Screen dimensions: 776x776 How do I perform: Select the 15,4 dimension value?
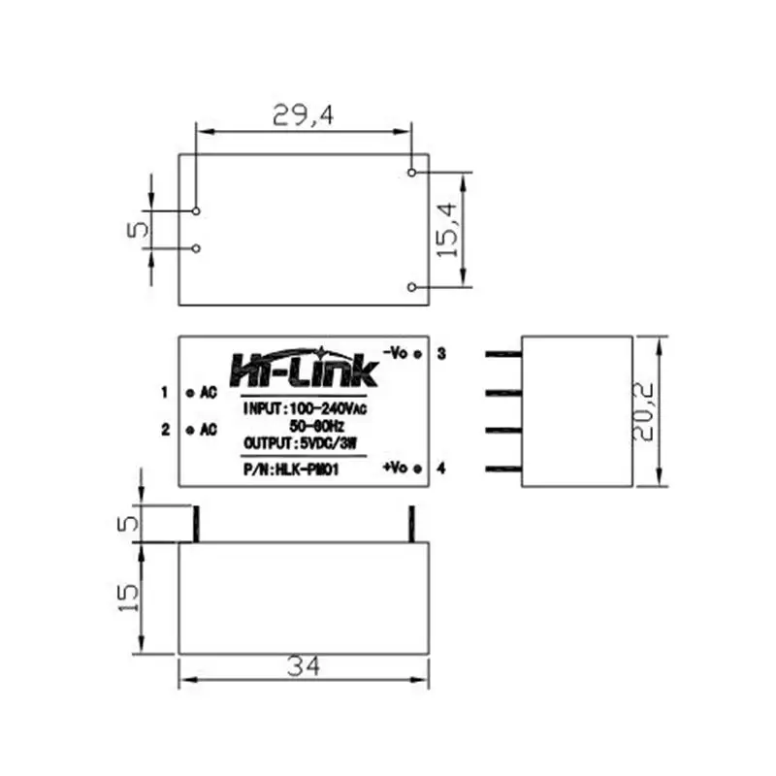[x=447, y=230]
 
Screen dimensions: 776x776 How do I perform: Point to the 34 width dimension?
[x=303, y=666]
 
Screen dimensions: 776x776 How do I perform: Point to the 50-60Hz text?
[x=316, y=425]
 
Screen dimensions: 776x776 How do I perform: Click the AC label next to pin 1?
[x=208, y=393]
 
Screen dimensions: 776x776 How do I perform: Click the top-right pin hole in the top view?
[x=412, y=173]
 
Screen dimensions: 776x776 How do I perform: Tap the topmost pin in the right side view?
[x=503, y=355]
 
